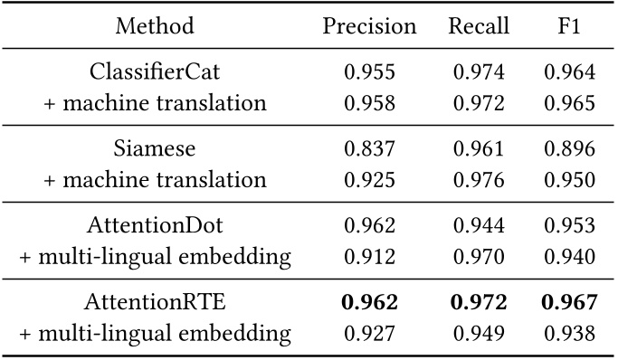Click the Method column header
tap(155, 26)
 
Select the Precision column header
tap(369, 26)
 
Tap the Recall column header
tap(478, 26)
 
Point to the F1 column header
tap(570, 26)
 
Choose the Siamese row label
tap(155, 149)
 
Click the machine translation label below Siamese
tap(155, 180)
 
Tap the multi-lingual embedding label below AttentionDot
tap(155, 257)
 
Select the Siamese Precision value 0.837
tap(369, 149)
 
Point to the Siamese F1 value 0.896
tap(570, 149)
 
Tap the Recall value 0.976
tap(478, 180)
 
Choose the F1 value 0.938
tap(570, 334)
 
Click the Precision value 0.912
tap(369, 257)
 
